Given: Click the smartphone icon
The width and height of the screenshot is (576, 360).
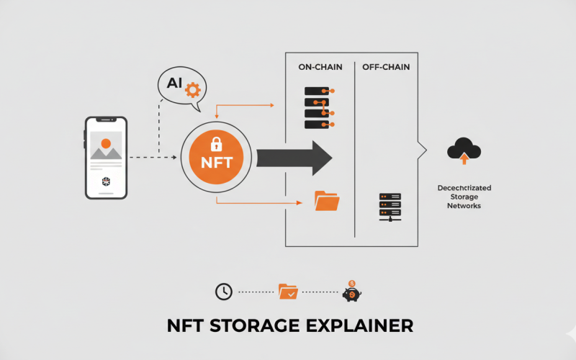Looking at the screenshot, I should (x=106, y=158).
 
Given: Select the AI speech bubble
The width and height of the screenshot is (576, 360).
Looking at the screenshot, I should (x=181, y=88).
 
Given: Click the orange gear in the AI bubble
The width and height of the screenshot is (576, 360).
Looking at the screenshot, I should (x=192, y=90).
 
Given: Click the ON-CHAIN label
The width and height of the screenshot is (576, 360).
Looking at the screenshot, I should (x=320, y=67).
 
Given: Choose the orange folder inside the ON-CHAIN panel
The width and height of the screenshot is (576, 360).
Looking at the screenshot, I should (x=327, y=201).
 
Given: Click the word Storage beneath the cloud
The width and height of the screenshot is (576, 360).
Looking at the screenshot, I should (x=459, y=197).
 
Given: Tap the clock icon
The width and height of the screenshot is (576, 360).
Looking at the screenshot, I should (x=224, y=292).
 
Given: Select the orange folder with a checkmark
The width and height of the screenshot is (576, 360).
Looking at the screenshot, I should (x=288, y=292).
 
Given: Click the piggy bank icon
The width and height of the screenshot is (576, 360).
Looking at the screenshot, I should (x=351, y=292).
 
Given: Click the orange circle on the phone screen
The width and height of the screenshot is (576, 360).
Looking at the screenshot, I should (x=106, y=143).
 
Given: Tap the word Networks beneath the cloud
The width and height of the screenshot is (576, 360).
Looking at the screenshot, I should (x=459, y=206).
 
